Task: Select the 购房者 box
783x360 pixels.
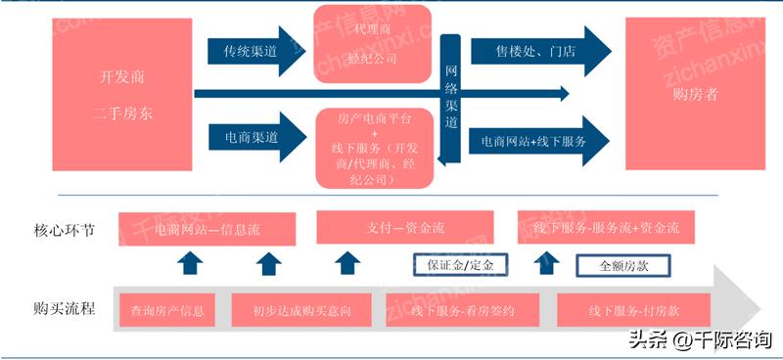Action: [695, 95]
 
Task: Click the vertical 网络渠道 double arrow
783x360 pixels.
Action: [451, 98]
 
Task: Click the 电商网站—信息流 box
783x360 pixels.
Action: [206, 228]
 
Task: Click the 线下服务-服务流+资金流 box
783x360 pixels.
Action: [607, 228]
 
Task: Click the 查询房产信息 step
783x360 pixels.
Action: [167, 311]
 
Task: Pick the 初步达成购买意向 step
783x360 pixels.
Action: [301, 311]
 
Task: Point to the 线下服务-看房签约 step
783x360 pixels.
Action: [456, 311]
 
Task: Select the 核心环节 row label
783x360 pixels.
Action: [64, 231]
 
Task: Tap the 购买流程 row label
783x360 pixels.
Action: [64, 309]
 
